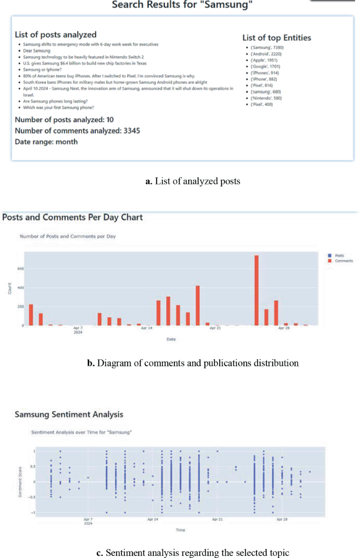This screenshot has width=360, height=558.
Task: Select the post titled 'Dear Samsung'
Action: click(35, 50)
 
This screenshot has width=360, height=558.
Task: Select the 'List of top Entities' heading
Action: click(276, 38)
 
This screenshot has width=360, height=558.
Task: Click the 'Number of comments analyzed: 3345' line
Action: click(77, 130)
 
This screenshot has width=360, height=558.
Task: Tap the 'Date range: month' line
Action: click(46, 142)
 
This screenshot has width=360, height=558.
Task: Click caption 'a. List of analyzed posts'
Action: click(192, 182)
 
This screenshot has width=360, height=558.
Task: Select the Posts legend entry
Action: click(339, 255)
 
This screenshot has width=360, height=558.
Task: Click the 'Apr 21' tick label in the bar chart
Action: click(215, 328)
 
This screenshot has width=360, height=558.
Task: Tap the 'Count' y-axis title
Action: click(9, 288)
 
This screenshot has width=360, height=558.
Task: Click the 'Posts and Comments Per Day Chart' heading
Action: click(73, 217)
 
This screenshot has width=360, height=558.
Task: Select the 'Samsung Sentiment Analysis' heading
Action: click(69, 415)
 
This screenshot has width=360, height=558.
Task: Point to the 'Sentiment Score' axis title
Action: click(20, 482)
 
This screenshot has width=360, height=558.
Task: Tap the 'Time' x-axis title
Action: click(180, 530)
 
